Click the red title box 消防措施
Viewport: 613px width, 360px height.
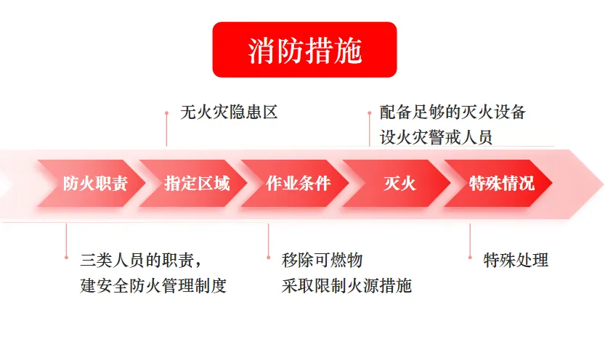click(304, 49)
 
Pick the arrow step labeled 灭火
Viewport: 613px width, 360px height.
click(398, 183)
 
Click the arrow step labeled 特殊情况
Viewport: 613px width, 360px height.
click(500, 183)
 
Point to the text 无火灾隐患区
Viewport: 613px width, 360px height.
click(229, 112)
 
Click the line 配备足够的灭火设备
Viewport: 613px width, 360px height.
click(452, 112)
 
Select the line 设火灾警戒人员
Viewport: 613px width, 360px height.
click(436, 137)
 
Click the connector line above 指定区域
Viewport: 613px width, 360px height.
click(166, 129)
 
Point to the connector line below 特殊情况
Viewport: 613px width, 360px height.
click(470, 240)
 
